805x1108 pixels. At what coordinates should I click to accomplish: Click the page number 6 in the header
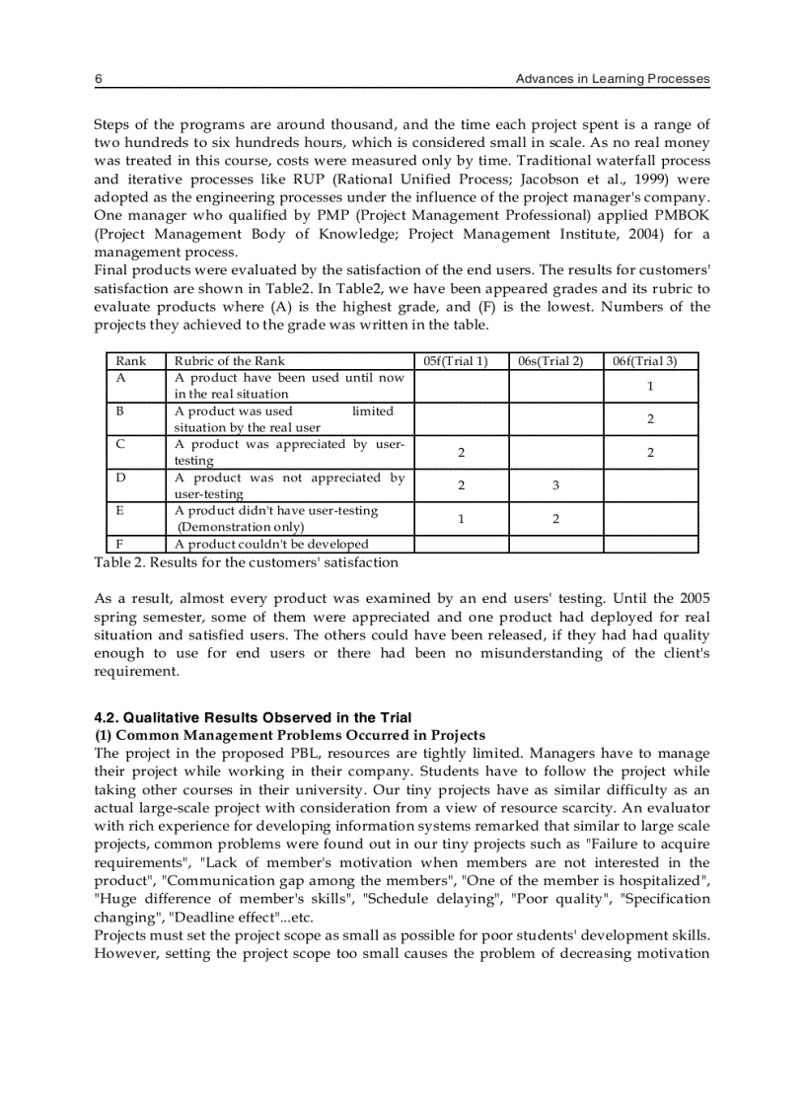[98, 79]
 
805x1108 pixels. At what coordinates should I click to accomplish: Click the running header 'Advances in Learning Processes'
[613, 79]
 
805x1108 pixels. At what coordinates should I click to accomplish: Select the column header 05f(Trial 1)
[461, 361]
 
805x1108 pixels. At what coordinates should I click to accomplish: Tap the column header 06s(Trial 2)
[555, 361]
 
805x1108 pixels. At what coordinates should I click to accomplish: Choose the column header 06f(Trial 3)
[650, 361]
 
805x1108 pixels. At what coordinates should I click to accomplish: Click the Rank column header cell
[131, 361]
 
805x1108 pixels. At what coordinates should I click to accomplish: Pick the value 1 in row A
[650, 386]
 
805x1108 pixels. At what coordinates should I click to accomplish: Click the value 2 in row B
[650, 419]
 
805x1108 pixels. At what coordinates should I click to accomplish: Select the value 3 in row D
[555, 485]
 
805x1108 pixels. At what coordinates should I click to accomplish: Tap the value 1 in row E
[461, 519]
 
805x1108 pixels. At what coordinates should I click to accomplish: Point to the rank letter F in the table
[119, 544]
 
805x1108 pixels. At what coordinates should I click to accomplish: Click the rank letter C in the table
[120, 444]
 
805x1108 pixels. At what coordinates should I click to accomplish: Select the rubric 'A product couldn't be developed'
[271, 544]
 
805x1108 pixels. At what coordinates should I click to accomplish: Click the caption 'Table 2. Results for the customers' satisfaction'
[247, 562]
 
